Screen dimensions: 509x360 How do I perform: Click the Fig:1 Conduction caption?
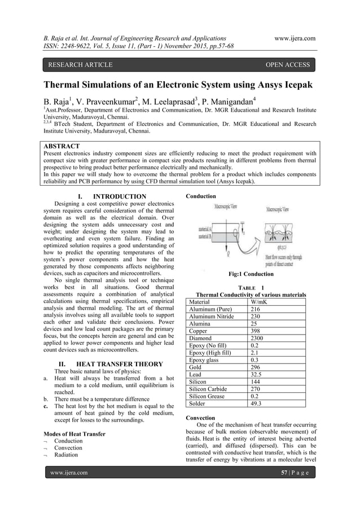(x=251, y=274)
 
